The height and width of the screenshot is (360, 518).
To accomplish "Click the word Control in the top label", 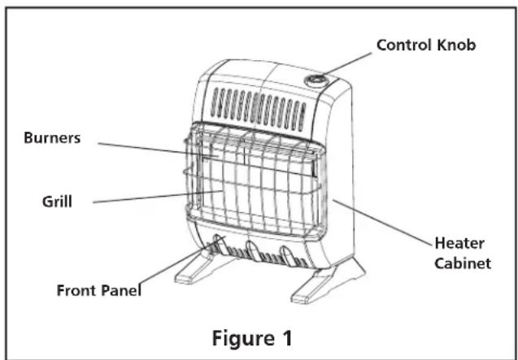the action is tap(404, 45).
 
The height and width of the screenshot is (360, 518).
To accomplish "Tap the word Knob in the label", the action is tap(456, 45).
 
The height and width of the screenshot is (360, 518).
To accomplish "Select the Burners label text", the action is tap(52, 137).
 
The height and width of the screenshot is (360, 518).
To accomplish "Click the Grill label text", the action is tap(57, 202).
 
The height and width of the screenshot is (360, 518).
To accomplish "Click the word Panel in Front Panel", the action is tap(120, 290).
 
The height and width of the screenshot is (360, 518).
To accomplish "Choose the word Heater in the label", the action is tap(459, 243).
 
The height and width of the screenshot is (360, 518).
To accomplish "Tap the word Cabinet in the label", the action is tap(463, 263).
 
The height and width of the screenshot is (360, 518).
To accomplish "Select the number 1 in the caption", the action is tap(287, 338).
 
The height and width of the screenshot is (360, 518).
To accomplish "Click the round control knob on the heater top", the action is tap(315, 80).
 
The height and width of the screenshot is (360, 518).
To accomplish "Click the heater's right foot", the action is tap(328, 280).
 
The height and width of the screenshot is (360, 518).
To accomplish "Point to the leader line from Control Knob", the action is tap(347, 63).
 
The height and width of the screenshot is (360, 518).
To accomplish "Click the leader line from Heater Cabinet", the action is tap(382, 223).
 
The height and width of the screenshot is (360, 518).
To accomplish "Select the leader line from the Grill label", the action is tap(158, 197).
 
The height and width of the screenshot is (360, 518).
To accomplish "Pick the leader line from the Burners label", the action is tap(159, 149).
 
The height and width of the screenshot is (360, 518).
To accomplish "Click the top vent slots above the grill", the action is tap(258, 109).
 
